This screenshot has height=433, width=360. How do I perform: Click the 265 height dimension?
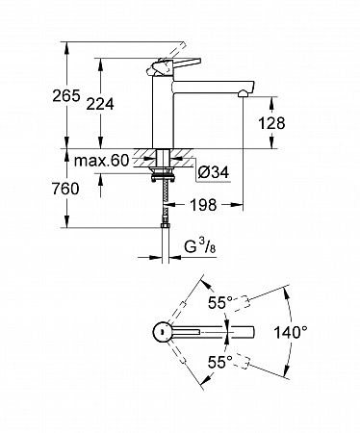click(x=66, y=96)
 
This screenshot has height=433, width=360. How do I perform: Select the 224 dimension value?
click(x=100, y=104)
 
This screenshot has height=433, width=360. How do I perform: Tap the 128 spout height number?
click(x=271, y=123)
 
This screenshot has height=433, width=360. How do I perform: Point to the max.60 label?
click(x=101, y=161)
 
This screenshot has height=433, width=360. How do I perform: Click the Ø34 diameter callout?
click(x=214, y=172)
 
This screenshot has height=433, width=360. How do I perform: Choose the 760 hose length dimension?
click(x=65, y=189)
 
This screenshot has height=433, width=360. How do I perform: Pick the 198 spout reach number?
click(x=203, y=205)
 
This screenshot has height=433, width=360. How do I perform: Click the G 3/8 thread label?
click(x=200, y=246)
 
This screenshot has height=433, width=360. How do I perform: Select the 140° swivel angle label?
click(x=291, y=332)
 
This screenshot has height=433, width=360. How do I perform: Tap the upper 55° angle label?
click(x=220, y=302)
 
